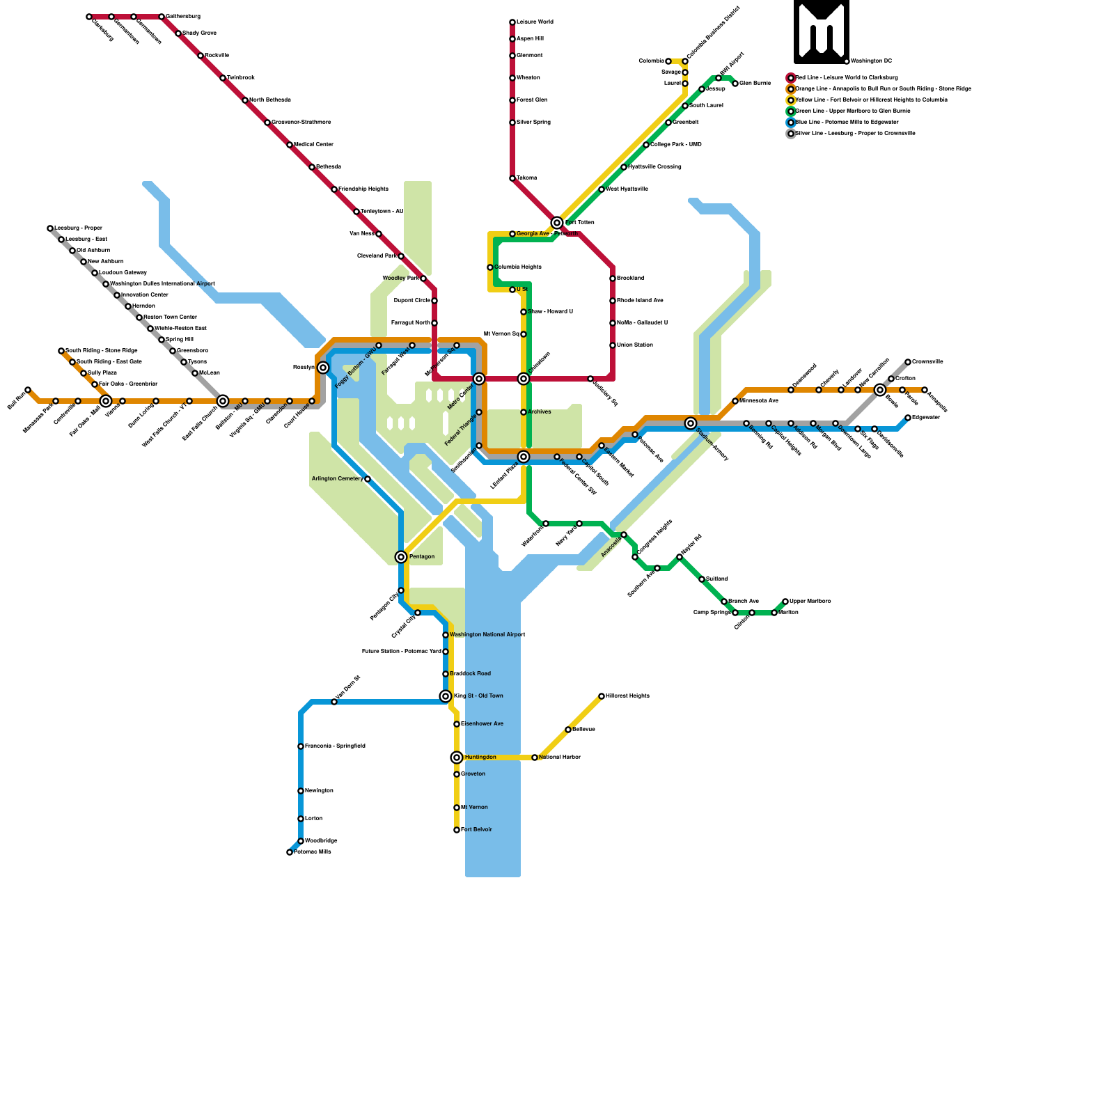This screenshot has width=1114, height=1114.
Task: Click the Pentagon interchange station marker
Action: pyautogui.click(x=401, y=557)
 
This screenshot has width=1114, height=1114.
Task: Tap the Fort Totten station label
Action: pyautogui.click(x=579, y=223)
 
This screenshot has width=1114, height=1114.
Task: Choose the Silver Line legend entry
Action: pyautogui.click(x=854, y=134)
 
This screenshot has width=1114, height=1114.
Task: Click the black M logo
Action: pyautogui.click(x=822, y=32)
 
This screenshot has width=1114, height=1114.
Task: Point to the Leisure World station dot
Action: pyautogui.click(x=512, y=22)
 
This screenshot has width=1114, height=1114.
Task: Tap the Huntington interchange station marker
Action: pyautogui.click(x=457, y=758)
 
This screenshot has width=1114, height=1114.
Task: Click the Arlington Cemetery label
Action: pyautogui.click(x=337, y=479)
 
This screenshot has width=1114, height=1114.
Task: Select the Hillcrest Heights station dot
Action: pyautogui.click(x=602, y=696)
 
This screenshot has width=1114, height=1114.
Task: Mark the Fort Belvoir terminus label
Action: pyautogui.click(x=476, y=830)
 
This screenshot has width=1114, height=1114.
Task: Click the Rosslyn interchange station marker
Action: pyautogui.click(x=323, y=368)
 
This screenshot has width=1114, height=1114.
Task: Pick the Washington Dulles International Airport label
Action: pyautogui.click(x=162, y=284)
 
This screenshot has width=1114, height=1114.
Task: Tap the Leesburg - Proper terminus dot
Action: pyautogui.click(x=50, y=228)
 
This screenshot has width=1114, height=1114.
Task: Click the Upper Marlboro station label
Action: pyautogui.click(x=810, y=602)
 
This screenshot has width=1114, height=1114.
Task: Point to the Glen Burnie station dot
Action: pyautogui.click(x=735, y=84)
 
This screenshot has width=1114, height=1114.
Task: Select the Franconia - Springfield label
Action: pyautogui.click(x=335, y=746)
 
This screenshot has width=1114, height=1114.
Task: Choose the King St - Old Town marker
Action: pyautogui.click(x=446, y=696)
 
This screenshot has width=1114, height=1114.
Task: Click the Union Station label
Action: pyautogui.click(x=634, y=345)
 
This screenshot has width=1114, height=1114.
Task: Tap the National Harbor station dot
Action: pyautogui.click(x=535, y=758)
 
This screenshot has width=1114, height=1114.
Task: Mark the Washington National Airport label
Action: pyautogui.click(x=487, y=635)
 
